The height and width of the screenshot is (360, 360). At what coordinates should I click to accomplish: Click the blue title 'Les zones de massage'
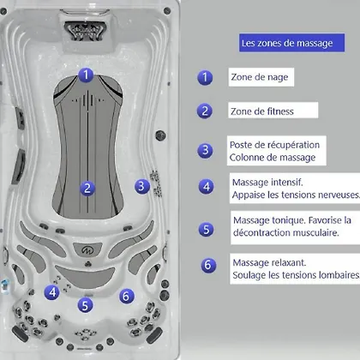point(287,43)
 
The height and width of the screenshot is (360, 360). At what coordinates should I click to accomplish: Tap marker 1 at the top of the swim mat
point(86,75)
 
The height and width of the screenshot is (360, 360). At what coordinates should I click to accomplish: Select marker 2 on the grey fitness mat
point(87,189)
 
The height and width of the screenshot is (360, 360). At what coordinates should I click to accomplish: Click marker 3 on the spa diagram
point(142,186)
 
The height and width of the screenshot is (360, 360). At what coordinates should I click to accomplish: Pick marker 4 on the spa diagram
point(52,292)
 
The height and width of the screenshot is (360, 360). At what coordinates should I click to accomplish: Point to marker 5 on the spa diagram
point(85,305)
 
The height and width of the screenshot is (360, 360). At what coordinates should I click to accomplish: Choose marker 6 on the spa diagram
point(127,297)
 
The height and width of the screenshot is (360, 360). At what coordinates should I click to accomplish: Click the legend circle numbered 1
point(205,77)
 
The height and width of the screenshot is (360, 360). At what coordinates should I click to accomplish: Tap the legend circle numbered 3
point(205,150)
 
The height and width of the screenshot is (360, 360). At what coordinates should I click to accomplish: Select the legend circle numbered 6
point(208,265)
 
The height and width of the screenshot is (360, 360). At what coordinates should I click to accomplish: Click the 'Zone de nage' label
point(260,77)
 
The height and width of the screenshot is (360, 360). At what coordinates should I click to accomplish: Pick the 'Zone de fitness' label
point(262,111)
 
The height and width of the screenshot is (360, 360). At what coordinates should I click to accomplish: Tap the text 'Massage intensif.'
point(267,183)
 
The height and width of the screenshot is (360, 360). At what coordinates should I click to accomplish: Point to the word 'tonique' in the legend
point(288,220)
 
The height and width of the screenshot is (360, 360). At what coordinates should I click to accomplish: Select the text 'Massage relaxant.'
point(269,262)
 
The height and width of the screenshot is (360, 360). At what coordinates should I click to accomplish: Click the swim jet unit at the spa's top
point(85,31)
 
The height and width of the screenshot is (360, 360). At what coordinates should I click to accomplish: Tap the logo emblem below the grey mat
point(87,250)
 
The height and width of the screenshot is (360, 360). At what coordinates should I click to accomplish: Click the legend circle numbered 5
point(207,230)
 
